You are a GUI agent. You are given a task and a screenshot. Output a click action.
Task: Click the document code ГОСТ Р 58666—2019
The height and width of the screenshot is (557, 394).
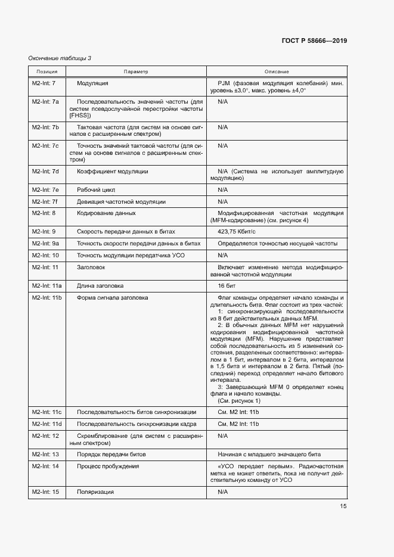point(314,41)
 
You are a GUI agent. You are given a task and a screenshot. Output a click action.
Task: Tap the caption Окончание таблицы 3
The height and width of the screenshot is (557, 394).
point(60,58)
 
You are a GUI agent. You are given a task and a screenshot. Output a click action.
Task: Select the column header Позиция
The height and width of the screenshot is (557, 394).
point(46,71)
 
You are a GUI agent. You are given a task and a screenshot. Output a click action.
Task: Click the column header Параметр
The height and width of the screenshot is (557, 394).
point(136,71)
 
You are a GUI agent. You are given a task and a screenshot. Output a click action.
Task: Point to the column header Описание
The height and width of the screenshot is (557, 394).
point(277,71)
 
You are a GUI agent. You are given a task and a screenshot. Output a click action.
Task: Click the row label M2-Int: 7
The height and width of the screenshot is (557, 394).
point(44,83)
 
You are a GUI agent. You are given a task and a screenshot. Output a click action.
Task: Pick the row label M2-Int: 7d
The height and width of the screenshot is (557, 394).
point(45,172)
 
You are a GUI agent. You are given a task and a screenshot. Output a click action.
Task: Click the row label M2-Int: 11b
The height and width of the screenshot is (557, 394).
point(47,297)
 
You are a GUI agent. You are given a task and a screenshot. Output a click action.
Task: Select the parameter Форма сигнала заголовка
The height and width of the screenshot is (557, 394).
point(113,297)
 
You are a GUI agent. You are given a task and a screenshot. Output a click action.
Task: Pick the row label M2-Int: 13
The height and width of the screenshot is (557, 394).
point(45,454)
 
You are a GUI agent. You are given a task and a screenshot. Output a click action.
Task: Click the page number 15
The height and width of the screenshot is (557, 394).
point(343,506)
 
